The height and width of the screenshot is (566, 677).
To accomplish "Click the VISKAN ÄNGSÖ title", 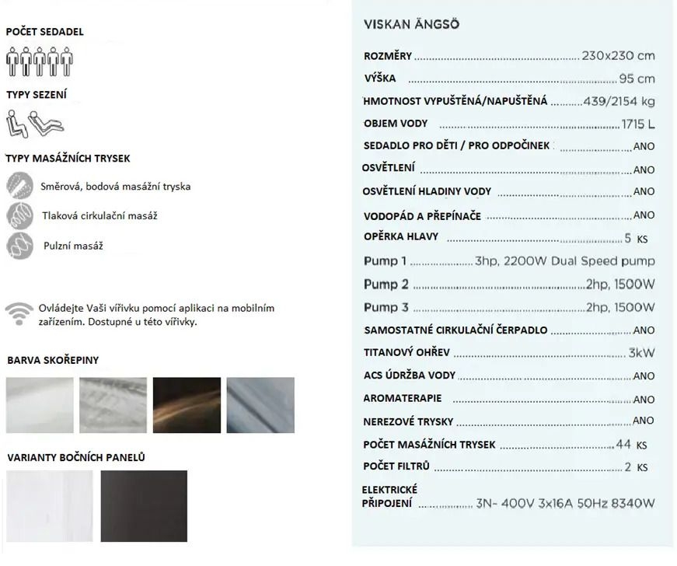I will (x=411, y=24).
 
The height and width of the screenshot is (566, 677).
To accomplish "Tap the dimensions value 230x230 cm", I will (x=618, y=56).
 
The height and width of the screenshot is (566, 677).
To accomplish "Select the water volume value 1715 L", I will (x=638, y=124).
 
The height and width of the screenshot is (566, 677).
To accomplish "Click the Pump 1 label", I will (x=385, y=261).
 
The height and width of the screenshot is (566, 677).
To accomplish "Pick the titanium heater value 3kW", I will (x=641, y=353).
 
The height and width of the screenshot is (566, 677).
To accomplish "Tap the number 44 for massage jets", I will (x=623, y=445).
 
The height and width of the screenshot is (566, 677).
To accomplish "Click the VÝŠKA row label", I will (x=380, y=79).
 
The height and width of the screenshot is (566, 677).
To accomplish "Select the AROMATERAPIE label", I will (x=403, y=399).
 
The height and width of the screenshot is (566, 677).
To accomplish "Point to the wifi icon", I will (x=19, y=313).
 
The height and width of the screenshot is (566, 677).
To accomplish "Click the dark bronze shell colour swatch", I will (x=187, y=405).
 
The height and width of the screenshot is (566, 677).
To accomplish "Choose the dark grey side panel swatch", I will (x=144, y=505).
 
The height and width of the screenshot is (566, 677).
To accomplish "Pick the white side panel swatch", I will (x=49, y=505).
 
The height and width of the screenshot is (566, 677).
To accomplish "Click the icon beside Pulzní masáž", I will (x=19, y=246).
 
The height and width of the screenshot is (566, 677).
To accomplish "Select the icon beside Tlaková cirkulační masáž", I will (x=19, y=215).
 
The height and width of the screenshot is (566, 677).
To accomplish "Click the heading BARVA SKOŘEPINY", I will (x=53, y=361).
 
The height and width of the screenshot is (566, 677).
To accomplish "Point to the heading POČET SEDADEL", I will (x=44, y=32).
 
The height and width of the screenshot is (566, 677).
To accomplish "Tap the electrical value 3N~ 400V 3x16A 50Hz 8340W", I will (x=565, y=503).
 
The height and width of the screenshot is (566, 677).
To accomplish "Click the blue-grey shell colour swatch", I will (x=260, y=405).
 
